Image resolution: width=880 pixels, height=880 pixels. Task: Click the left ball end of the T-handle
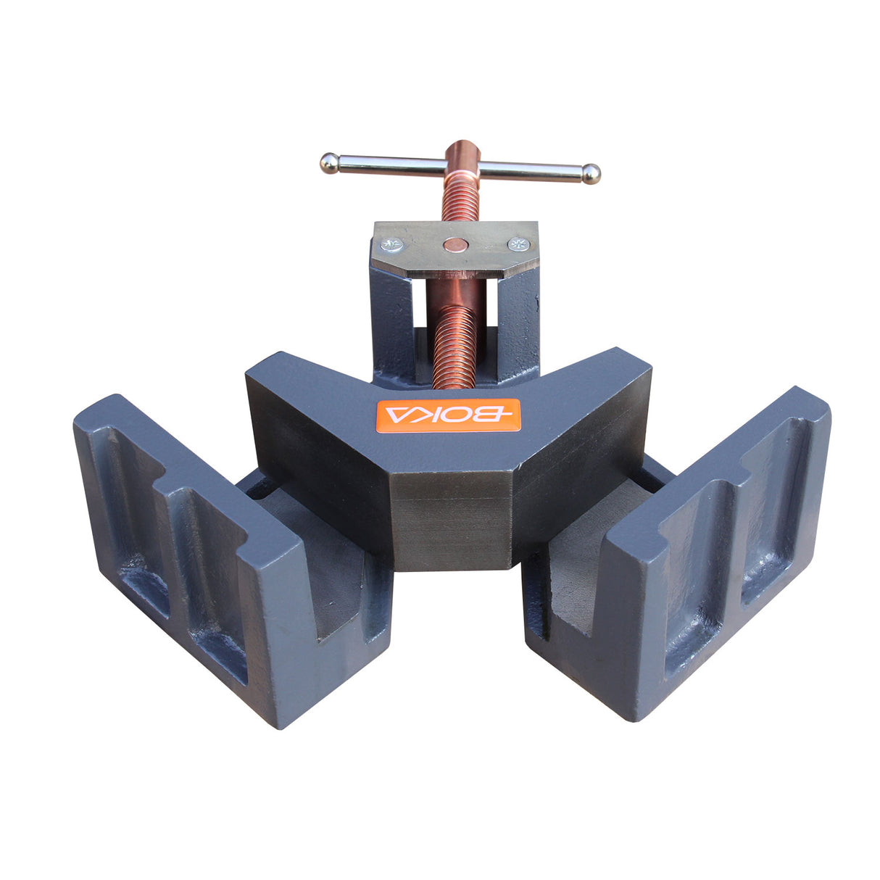tap(328, 163)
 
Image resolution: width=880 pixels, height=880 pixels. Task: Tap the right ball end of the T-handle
tap(591, 173)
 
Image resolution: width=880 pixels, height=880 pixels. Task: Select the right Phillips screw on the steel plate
tap(518, 244)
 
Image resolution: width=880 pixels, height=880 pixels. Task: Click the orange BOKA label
tap(449, 414)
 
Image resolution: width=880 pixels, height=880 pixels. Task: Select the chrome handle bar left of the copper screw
tap(391, 167)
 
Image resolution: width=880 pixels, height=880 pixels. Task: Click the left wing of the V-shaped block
tap(319, 435)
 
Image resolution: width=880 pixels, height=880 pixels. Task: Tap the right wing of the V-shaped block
tap(580, 435)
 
